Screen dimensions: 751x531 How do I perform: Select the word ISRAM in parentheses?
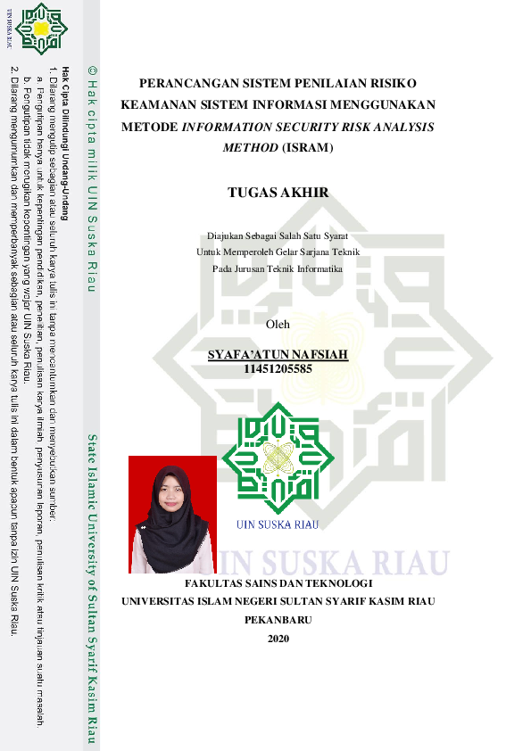pos(307,147)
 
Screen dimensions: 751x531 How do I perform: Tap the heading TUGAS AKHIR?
pos(278,192)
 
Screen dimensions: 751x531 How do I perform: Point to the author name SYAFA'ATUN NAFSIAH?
pos(278,355)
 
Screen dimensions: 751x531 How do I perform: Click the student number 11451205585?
pos(278,367)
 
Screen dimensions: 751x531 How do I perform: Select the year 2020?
pos(278,638)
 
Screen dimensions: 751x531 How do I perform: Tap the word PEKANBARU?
pos(278,620)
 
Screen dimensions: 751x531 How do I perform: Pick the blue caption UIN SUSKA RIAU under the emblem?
pos(278,524)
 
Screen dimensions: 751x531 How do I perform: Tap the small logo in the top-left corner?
pos(40,29)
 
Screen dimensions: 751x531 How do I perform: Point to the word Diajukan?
pos(225,236)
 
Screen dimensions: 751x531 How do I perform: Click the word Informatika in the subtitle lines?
pos(319,268)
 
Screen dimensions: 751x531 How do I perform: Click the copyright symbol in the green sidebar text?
pos(91,69)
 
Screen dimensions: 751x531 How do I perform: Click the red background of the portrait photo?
pos(143,473)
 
